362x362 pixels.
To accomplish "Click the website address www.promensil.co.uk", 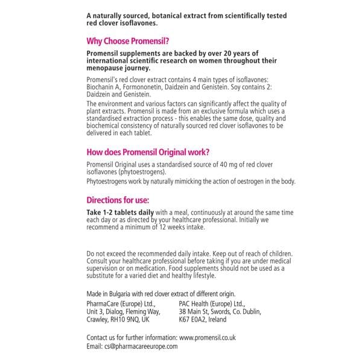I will (216, 337).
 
